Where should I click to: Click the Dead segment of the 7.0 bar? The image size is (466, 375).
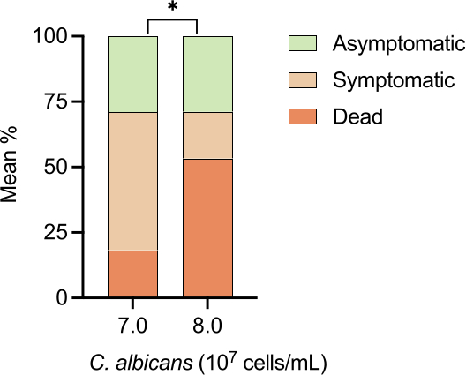(x=133, y=274)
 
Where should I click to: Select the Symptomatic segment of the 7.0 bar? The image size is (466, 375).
(x=133, y=182)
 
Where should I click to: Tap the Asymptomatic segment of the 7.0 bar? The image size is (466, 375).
(x=133, y=74)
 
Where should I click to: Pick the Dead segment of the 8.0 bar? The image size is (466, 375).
(x=207, y=228)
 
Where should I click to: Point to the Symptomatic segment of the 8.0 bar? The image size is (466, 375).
(x=207, y=136)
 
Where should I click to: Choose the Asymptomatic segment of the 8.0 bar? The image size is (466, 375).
(x=207, y=74)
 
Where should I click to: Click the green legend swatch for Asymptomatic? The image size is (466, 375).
(x=303, y=43)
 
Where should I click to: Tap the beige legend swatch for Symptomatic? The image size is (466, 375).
(x=303, y=80)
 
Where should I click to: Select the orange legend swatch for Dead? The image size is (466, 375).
(x=303, y=116)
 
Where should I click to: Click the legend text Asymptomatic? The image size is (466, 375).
(x=399, y=45)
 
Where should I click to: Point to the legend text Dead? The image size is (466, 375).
(x=357, y=116)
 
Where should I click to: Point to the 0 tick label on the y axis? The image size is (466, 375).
(x=62, y=297)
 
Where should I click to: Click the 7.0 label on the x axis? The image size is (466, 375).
(x=133, y=326)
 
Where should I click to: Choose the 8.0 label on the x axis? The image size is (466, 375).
(x=207, y=326)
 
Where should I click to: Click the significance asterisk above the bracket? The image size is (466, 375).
(x=172, y=7)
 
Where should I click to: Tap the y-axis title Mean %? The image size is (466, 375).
(x=9, y=165)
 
